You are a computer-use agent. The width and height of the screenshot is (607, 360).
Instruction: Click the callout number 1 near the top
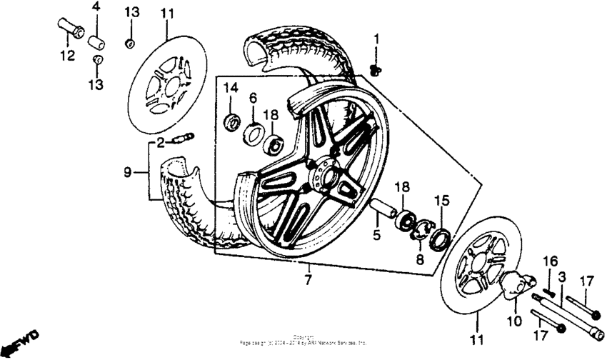coord(378,38)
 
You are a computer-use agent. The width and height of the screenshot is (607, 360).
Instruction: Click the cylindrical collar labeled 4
coord(96,38)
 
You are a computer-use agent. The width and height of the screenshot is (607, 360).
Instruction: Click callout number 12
coord(66,56)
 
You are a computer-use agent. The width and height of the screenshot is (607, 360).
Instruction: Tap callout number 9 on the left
coord(128,171)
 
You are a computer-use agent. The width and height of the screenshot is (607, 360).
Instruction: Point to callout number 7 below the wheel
coord(308,280)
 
